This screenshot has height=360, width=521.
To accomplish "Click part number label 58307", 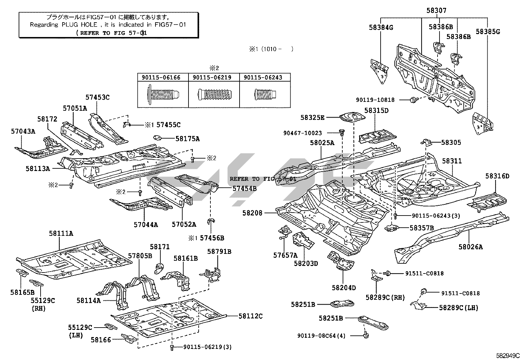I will pyautogui.click(x=436, y=11).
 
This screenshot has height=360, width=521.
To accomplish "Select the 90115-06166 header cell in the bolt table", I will pyautogui.click(x=163, y=78).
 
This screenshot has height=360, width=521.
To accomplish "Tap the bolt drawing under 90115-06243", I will pyautogui.click(x=265, y=94).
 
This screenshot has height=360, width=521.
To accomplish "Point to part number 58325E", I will pyautogui.click(x=313, y=117).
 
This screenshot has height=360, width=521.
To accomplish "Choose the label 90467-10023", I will pyautogui.click(x=303, y=133).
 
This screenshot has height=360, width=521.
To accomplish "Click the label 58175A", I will pyautogui.click(x=187, y=139).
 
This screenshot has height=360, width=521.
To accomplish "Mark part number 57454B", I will pyautogui.click(x=244, y=188).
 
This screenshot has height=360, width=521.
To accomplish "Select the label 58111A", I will pyautogui.click(x=61, y=233).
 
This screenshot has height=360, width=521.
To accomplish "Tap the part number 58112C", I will pyautogui.click(x=250, y=316).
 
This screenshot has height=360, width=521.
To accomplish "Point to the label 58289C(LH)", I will pyautogui.click(x=458, y=308).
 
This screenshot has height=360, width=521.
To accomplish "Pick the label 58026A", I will pyautogui.click(x=470, y=247).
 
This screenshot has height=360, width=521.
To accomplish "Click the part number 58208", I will pyautogui.click(x=252, y=213).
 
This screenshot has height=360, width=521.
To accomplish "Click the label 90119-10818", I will pyautogui.click(x=375, y=100).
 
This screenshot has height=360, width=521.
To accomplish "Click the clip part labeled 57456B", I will pyautogui.click(x=211, y=222).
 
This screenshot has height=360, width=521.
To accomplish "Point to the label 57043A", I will pyautogui.click(x=23, y=131).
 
